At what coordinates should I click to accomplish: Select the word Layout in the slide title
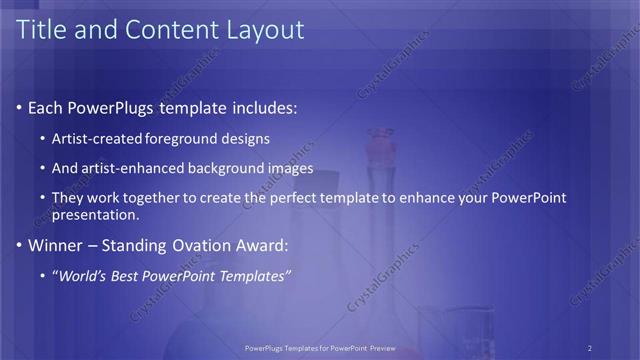click(263, 30)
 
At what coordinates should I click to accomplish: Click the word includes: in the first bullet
click(263, 107)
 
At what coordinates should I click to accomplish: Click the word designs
click(245, 138)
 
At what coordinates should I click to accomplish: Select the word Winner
click(54, 245)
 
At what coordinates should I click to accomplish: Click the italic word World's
click(81, 275)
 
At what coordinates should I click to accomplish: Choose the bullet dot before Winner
click(19, 245)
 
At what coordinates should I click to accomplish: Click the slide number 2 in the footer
click(589, 348)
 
